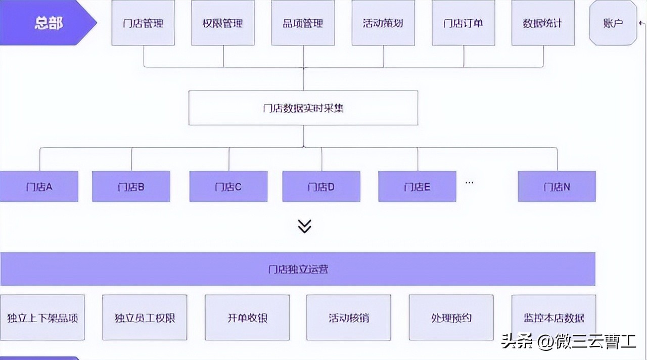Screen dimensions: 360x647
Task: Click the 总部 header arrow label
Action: [x=48, y=23]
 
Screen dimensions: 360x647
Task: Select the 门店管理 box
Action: [x=143, y=23]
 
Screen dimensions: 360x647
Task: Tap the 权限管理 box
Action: [x=223, y=23]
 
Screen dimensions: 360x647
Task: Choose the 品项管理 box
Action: [x=303, y=23]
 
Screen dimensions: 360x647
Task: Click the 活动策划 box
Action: [x=383, y=23]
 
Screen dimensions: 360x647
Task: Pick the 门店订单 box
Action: [x=463, y=23]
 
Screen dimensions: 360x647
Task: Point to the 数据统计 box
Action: [x=543, y=23]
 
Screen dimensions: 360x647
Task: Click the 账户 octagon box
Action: [x=613, y=23]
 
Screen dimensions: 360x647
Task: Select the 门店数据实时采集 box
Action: [x=303, y=108]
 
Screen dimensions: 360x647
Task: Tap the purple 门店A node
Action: [x=39, y=187]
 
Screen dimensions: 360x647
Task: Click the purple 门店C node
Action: [x=228, y=187]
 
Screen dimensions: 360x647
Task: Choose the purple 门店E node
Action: [x=418, y=187]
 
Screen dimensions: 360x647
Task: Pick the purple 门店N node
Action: [x=557, y=187]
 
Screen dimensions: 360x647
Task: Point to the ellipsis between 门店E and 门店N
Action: [x=469, y=182]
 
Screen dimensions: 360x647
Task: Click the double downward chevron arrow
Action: [x=304, y=226]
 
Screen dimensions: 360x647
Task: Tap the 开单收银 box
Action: [x=247, y=318]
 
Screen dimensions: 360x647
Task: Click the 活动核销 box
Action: [x=349, y=318]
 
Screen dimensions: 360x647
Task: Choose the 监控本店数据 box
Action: [x=553, y=318]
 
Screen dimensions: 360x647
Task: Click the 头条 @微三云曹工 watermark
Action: [x=568, y=342]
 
